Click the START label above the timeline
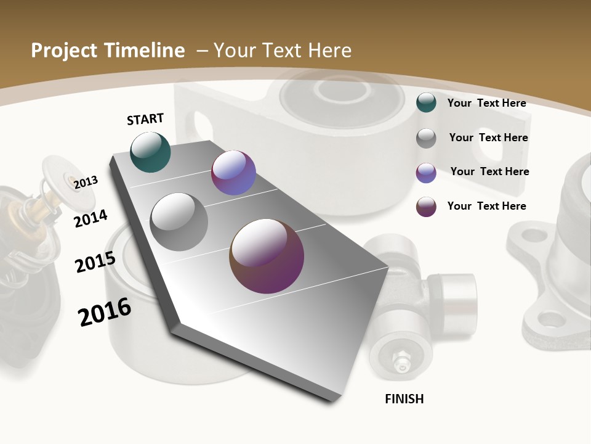point(145,119)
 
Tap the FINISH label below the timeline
point(404,399)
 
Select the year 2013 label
point(86,182)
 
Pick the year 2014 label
point(90,218)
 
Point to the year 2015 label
point(95,262)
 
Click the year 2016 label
point(105,311)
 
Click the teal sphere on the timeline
point(151,152)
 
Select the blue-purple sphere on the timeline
point(233,173)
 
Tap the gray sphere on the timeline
point(179,221)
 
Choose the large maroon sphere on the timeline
point(267,256)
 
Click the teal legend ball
point(426,103)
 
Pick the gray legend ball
point(426,138)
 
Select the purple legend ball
point(426,173)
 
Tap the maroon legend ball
point(426,207)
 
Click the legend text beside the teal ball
point(486,103)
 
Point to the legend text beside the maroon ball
point(486,206)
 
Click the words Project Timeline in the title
point(108,51)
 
